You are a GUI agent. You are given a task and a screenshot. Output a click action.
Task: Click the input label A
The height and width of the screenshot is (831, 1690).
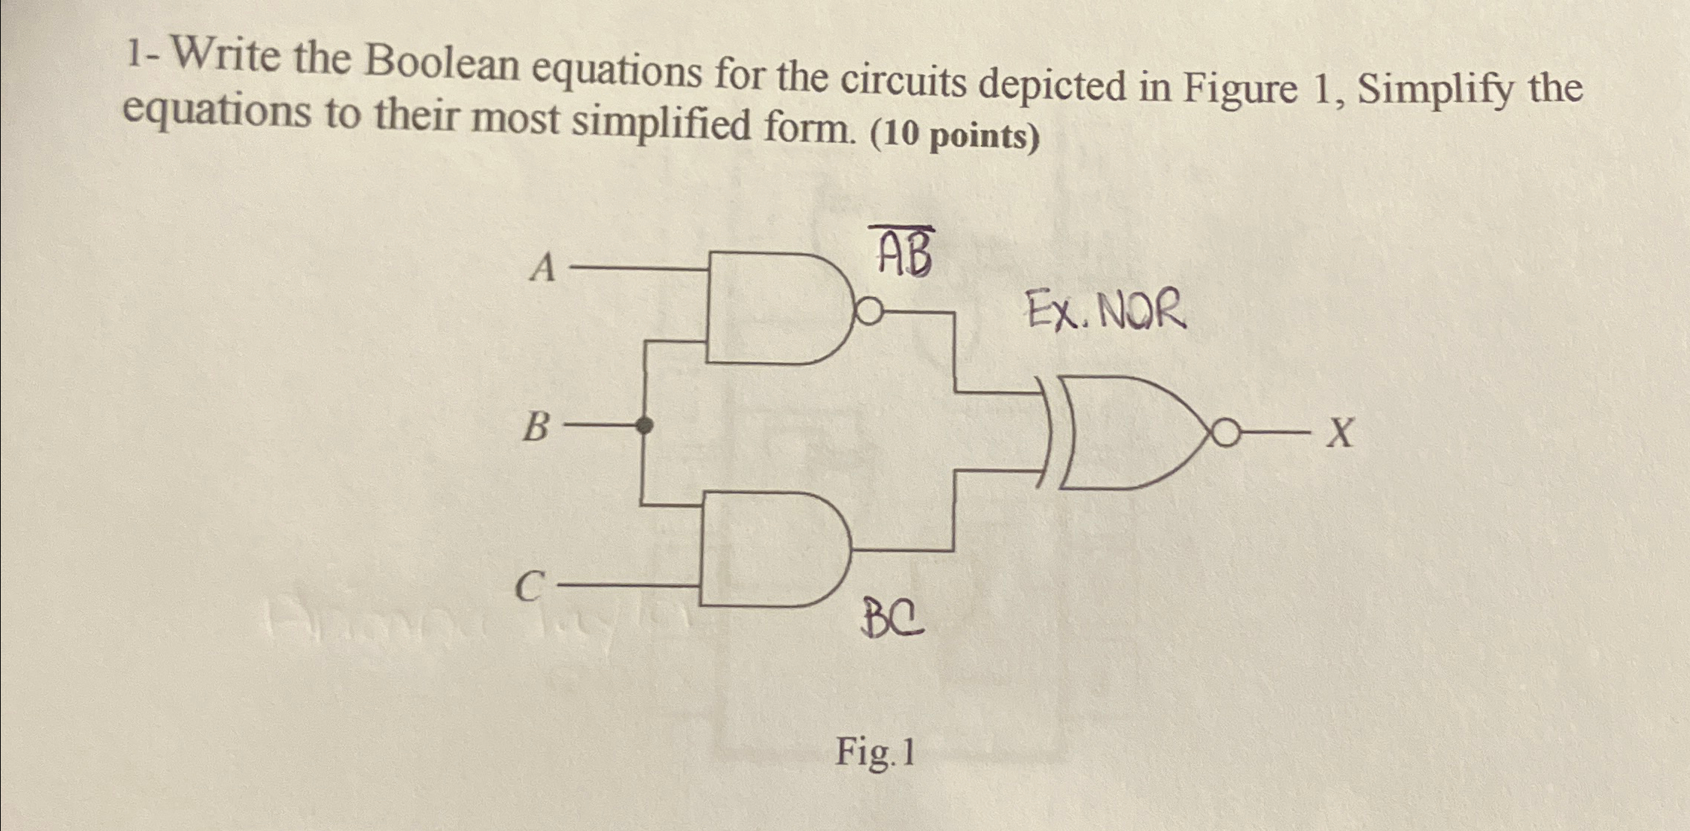coord(544,267)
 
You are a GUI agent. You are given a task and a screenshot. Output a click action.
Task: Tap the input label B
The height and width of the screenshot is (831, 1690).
coord(536,427)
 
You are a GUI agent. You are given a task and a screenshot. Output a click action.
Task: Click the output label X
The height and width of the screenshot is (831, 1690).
coord(1340,432)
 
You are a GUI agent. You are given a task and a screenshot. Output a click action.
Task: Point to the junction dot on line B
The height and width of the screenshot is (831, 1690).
coord(644,426)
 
